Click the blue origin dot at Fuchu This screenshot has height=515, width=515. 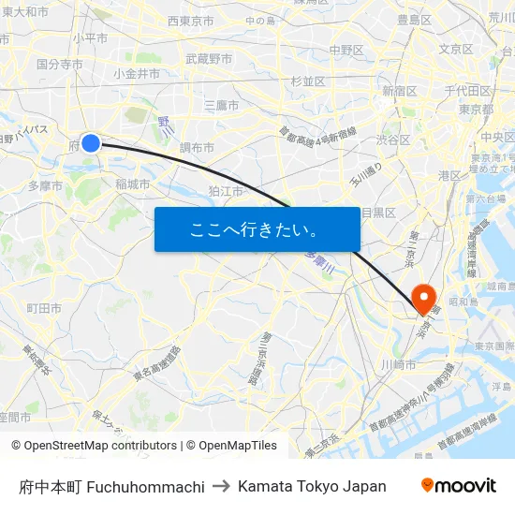tap(91, 142)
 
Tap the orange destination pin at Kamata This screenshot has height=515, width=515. tap(424, 297)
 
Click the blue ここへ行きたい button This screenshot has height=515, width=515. tap(257, 229)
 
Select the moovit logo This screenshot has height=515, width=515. tap(459, 486)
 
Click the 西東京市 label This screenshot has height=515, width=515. tap(190, 21)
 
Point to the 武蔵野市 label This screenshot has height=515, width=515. tap(209, 58)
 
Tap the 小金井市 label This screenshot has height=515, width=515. tap(137, 73)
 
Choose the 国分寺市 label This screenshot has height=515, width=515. tap(60, 65)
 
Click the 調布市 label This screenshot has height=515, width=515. tap(197, 148)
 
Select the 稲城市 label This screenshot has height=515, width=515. tap(133, 184)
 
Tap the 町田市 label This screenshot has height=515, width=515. tap(44, 307)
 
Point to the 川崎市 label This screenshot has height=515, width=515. tap(399, 363)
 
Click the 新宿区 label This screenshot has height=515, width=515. tap(400, 91)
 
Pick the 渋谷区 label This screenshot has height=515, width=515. tap(393, 140)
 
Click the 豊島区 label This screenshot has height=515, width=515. tap(414, 19)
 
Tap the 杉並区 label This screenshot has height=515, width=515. tap(308, 81)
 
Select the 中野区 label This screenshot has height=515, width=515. tap(346, 50)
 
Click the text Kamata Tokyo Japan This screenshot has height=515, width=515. tap(312, 486)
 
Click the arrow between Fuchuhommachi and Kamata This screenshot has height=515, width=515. tap(221, 486)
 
